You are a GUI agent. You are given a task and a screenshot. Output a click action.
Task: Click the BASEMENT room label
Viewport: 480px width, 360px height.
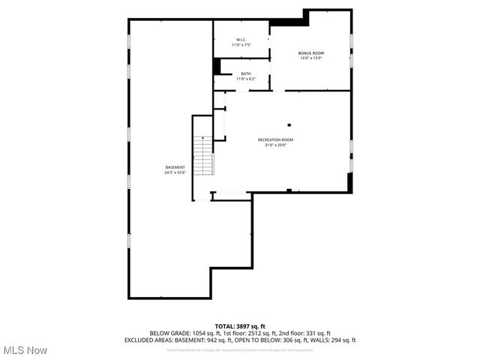coord(175,166)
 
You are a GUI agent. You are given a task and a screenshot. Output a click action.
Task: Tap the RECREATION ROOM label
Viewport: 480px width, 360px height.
coord(275,139)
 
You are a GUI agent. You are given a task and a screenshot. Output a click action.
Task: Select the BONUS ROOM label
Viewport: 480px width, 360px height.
coord(310,52)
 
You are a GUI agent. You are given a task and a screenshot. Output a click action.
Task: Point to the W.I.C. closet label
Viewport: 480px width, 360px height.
coord(241,40)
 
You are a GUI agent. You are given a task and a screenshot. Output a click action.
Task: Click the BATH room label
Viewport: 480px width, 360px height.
coord(246,73)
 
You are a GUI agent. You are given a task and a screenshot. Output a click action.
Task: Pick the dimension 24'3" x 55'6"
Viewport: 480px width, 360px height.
coord(175,172)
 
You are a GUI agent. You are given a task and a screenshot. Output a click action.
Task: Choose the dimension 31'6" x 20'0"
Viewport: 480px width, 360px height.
coord(275,145)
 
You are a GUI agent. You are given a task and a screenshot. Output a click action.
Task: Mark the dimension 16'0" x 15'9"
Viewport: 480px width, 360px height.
coord(310,58)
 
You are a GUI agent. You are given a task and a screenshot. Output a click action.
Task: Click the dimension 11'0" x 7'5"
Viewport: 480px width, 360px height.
coord(241,46)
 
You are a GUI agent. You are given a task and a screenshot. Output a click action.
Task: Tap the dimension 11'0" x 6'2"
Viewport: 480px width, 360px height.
coord(246,79)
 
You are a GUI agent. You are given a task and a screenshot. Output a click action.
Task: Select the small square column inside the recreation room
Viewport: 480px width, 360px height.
coord(289,125)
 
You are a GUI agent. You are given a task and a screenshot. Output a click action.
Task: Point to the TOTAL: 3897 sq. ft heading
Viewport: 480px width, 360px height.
coord(240,326)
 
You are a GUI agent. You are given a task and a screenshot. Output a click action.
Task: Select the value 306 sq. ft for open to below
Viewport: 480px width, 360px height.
coord(288,340)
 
